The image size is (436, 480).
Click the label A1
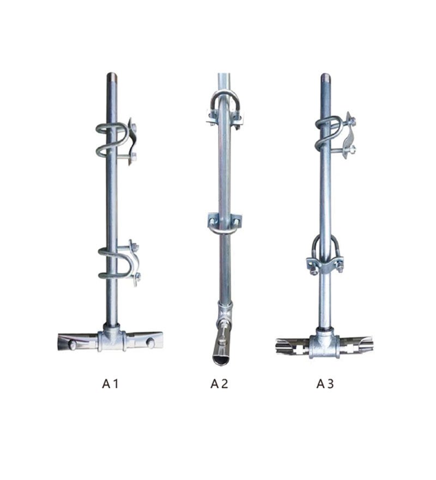tap(110, 383)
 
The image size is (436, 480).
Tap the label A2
tap(219, 383)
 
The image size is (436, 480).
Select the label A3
tap(325, 383)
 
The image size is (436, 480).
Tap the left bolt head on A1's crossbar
tap(72, 345)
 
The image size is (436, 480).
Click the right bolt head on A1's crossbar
tap(150, 343)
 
